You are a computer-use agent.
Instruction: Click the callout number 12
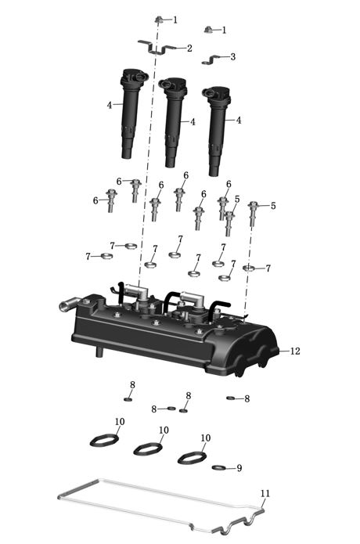295,351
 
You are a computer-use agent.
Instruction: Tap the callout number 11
265,493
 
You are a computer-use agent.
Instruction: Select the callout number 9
239,468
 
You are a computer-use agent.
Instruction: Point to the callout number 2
189,49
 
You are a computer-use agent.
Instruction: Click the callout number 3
232,56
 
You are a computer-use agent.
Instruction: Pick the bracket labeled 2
157,48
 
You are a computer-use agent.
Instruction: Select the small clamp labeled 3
211,59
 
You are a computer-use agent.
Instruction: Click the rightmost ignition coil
216,130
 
